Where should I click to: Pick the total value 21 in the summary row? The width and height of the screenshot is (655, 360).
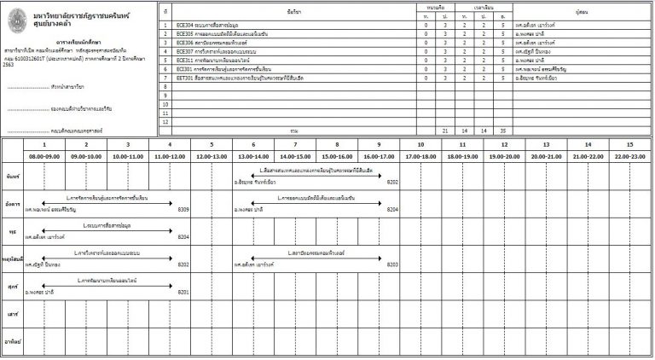[445, 131]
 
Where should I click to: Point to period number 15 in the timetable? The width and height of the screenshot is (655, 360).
[629, 145]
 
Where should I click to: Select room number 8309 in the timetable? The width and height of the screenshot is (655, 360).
[183, 209]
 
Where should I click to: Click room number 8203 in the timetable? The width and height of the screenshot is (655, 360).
[392, 264]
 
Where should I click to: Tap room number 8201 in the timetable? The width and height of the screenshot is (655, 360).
[183, 293]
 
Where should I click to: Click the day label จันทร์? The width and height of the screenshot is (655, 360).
[12, 177]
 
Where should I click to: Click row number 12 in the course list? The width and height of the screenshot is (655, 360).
[165, 122]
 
